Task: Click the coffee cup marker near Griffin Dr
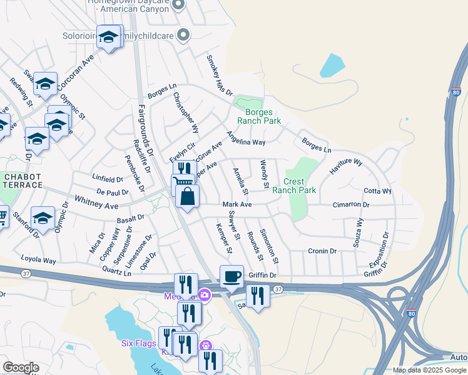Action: point(231,276)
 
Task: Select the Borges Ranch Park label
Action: point(258,116)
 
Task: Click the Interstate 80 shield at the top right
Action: point(455,92)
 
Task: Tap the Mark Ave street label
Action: point(237,204)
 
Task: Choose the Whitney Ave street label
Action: point(96,202)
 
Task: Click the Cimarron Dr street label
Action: point(351,204)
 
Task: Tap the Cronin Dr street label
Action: point(322,251)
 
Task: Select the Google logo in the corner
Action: point(21,367)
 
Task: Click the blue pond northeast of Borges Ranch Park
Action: point(332,65)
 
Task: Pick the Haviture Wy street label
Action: point(346,170)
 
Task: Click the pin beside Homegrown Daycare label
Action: point(178,5)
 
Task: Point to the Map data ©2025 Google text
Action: point(429,370)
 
